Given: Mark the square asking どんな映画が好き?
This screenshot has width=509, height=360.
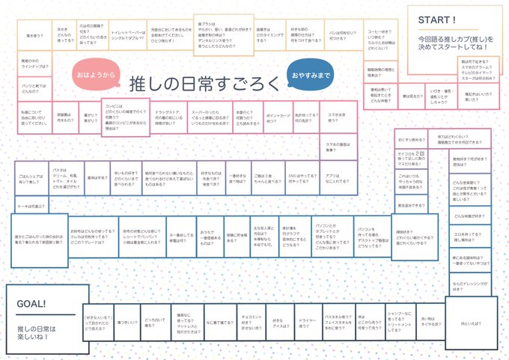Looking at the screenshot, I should click(469, 216).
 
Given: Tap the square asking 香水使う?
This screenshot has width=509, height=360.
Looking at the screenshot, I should click(34, 35).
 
